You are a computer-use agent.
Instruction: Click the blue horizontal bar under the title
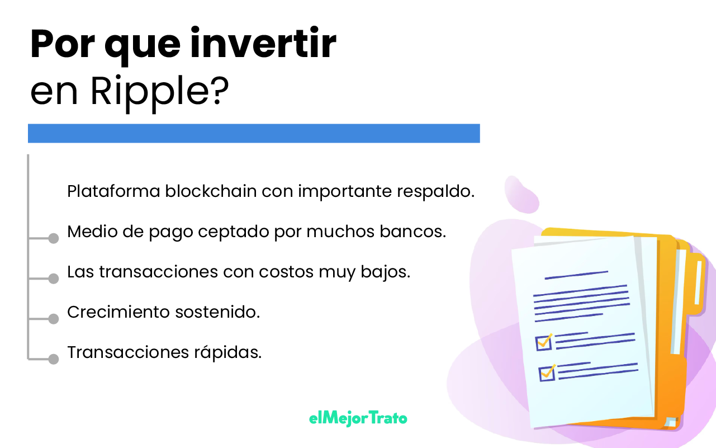(254, 133)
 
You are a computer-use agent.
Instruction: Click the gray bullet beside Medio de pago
(54, 239)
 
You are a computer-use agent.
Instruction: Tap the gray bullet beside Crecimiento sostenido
(54, 319)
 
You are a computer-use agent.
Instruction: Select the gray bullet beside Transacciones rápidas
(54, 359)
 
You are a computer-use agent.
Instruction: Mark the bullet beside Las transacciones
(54, 279)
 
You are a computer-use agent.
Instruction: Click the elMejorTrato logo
(358, 418)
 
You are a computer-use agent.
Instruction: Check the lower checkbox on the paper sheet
(547, 373)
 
